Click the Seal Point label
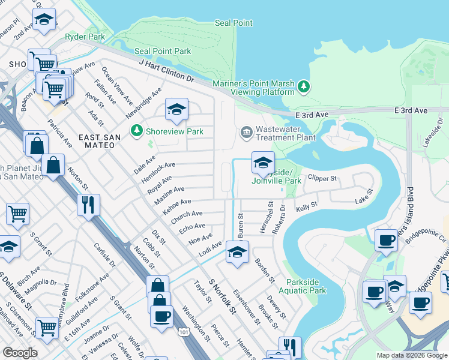(234, 23)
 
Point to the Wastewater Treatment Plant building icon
(246, 132)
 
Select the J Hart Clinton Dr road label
(167, 71)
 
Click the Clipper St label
(322, 178)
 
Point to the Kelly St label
(306, 206)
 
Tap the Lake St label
(364, 196)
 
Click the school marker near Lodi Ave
(237, 253)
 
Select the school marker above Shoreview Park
(176, 109)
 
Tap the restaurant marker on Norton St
(89, 205)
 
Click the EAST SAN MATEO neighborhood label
(100, 141)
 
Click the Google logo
(20, 353)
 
